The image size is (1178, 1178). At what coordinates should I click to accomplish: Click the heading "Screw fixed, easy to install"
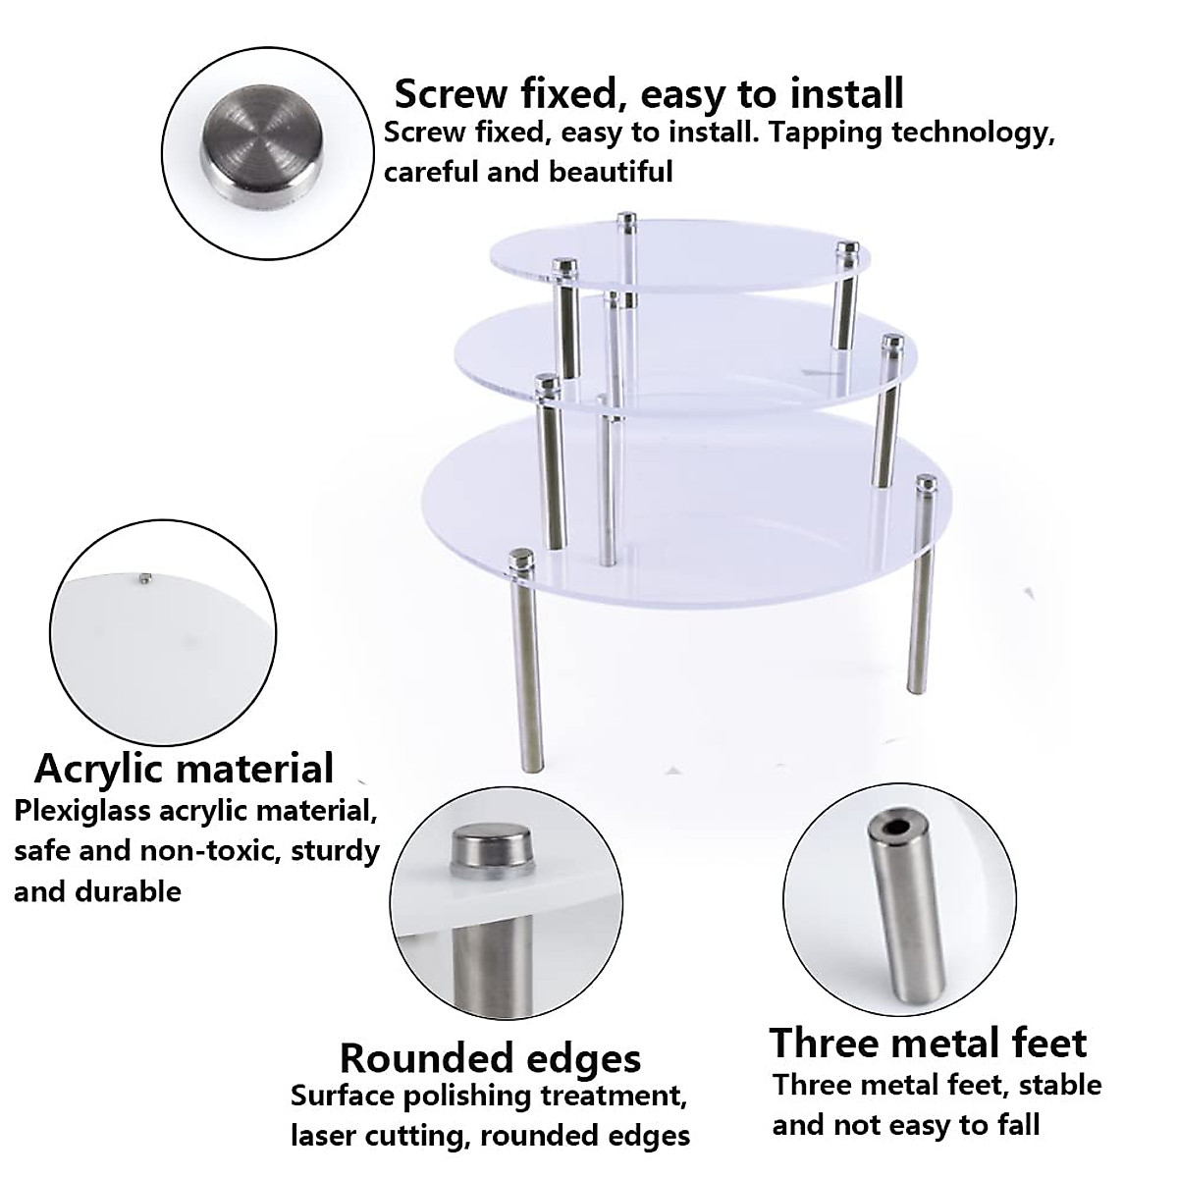(x=648, y=94)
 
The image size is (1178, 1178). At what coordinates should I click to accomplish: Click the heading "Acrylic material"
(x=185, y=768)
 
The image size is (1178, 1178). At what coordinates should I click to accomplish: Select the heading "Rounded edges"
(x=490, y=1058)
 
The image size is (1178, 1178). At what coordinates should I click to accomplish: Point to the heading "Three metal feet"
(x=928, y=1043)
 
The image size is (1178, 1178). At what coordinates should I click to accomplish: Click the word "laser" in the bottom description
(x=328, y=1136)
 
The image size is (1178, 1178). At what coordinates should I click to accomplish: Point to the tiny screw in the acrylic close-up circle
(x=145, y=578)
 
